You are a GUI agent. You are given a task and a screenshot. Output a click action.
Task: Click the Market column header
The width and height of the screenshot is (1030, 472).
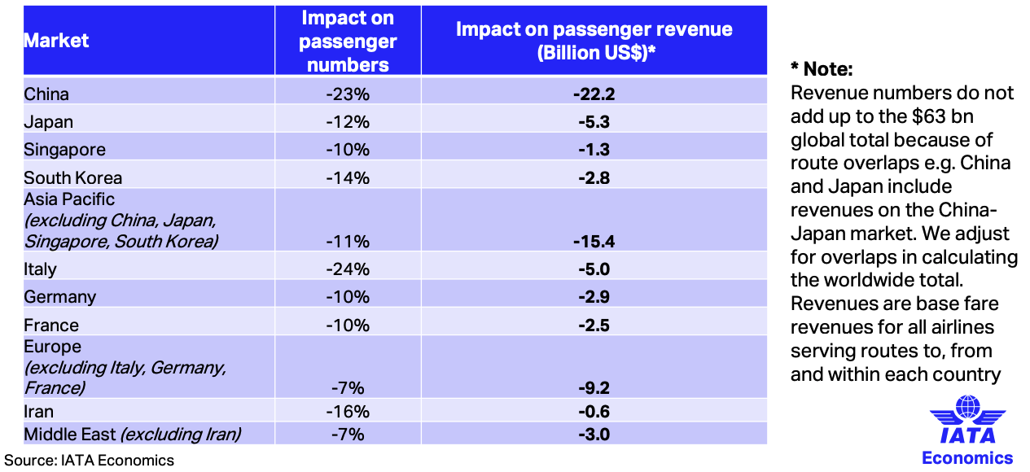(x=56, y=41)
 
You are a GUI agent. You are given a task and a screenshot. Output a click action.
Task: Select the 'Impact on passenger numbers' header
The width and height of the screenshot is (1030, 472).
(x=348, y=41)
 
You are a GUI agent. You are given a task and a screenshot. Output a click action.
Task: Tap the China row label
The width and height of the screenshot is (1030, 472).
(x=46, y=94)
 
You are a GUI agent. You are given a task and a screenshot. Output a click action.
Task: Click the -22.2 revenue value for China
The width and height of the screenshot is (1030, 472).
(x=593, y=94)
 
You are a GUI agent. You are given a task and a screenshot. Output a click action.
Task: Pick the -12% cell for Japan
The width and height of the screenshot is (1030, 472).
(x=348, y=122)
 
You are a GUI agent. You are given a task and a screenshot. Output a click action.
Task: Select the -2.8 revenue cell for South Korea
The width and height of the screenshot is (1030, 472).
(x=593, y=177)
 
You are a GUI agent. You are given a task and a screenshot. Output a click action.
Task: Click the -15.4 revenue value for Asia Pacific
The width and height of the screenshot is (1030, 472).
(x=593, y=241)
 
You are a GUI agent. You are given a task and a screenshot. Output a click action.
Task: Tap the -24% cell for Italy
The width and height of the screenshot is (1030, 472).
(x=348, y=269)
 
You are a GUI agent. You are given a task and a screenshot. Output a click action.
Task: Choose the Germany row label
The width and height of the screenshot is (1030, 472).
(x=59, y=296)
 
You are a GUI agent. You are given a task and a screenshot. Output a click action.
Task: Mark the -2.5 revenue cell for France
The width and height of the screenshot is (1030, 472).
(x=593, y=325)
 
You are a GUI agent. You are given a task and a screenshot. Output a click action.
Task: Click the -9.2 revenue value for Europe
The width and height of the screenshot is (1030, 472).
(x=593, y=387)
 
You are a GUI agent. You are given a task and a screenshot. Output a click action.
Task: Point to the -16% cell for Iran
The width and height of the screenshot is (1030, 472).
(x=348, y=412)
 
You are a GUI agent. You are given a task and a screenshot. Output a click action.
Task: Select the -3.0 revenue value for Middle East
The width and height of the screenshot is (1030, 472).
(x=593, y=434)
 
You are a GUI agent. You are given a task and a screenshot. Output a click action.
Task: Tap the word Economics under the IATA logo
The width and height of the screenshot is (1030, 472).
(x=967, y=457)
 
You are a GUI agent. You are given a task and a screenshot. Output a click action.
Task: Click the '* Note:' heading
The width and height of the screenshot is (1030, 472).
(x=822, y=69)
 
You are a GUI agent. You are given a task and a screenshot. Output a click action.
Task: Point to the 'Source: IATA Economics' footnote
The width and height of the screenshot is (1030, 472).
(x=90, y=460)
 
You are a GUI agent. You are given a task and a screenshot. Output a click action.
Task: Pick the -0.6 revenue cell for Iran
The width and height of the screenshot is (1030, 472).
(x=593, y=412)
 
